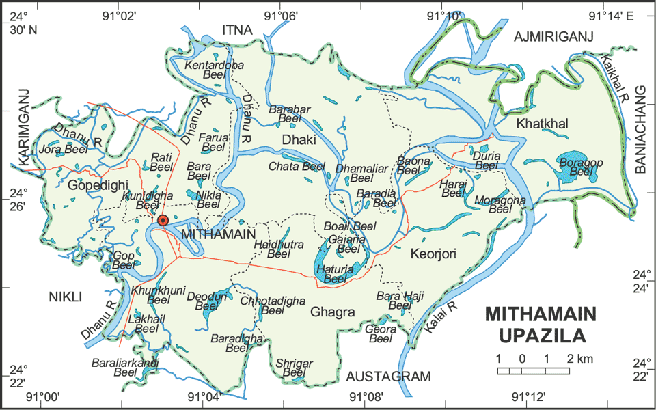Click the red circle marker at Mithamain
pyautogui.click(x=163, y=220)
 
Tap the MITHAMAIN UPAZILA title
pyautogui.click(x=541, y=325)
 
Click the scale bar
pyautogui.click(x=534, y=370)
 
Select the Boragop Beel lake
pyautogui.click(x=569, y=167)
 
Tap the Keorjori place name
pyautogui.click(x=433, y=255)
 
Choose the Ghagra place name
pyautogui.click(x=333, y=312)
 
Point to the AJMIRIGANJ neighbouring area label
pyautogui.click(x=553, y=36)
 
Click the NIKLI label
pyautogui.click(x=65, y=297)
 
